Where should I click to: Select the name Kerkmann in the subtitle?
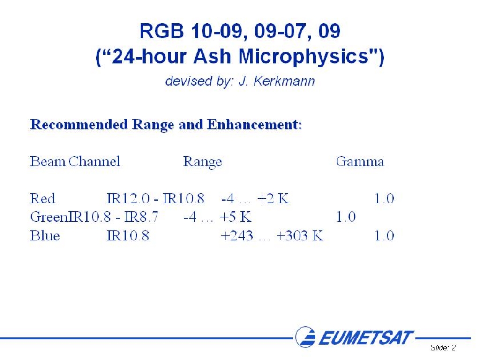pos(284,81)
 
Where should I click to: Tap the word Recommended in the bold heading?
pos(79,124)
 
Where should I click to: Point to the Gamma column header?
pos(360,161)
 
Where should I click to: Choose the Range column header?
pos(202,162)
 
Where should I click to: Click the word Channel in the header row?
pos(94,161)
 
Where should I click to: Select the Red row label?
pos(43,198)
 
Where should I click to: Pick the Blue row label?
pos(45,235)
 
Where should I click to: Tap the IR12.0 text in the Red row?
pos(128,198)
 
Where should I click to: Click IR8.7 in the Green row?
pos(142,217)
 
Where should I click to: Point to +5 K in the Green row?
pos(236,217)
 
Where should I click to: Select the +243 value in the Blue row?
pos(237,235)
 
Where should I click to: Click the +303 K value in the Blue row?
pos(300,235)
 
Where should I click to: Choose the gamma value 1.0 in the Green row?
pos(346,217)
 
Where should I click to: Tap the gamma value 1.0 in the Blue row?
pos(384,235)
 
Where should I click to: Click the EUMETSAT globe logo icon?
pos(306,337)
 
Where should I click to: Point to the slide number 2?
pos(453,347)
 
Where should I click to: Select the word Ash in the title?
pos(212,57)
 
